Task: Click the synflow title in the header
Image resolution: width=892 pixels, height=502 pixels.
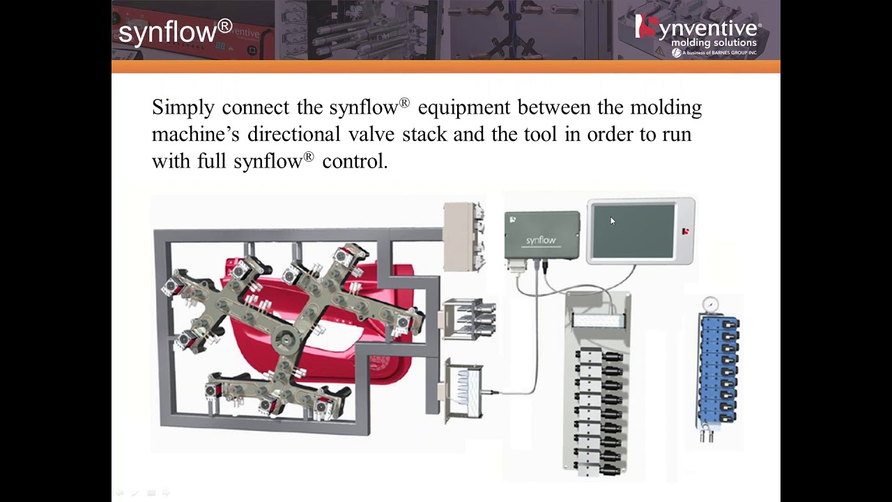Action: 174,32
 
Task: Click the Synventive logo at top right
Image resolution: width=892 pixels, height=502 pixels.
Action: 698,30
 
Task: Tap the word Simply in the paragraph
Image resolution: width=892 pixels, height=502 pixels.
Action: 183,108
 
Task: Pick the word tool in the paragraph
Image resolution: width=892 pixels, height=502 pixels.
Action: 541,134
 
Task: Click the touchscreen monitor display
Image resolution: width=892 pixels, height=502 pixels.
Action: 633,231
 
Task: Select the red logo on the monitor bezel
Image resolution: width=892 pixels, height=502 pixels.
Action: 686,231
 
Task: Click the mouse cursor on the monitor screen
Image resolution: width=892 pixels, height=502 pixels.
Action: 613,221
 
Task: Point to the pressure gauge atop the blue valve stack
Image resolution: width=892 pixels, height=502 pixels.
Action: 710,304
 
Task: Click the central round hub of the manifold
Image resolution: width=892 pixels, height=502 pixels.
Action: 284,340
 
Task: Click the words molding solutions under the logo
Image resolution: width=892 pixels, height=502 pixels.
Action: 714,43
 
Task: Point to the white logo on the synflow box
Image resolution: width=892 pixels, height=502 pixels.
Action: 512,220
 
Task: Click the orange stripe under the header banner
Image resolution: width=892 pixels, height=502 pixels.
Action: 446,67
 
